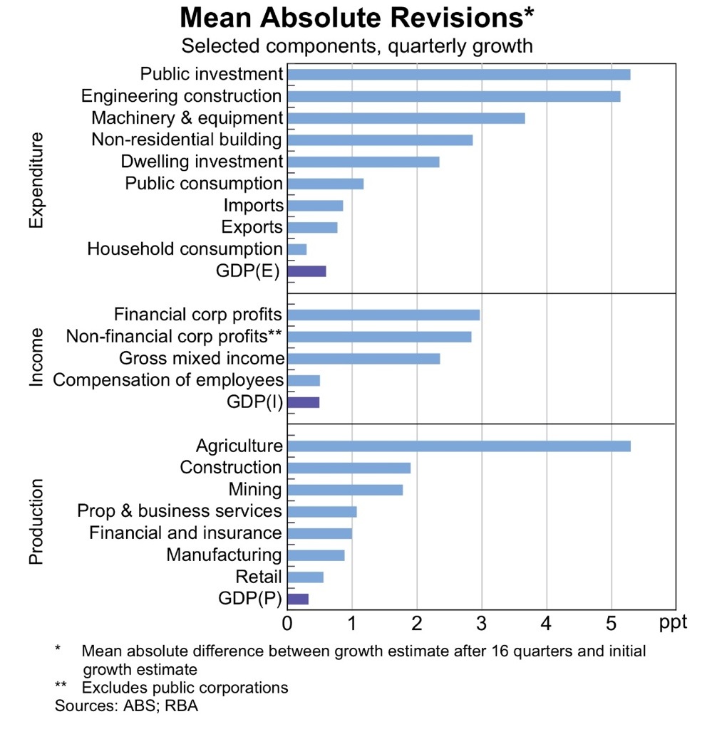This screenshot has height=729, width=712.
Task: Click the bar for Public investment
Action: (x=458, y=74)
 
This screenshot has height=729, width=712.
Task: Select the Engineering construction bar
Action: (x=453, y=96)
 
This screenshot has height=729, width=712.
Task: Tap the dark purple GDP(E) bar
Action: (x=306, y=271)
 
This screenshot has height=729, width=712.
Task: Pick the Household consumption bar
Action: (x=296, y=249)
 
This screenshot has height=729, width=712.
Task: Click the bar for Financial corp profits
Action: (x=383, y=315)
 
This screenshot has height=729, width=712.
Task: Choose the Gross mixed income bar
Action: (x=363, y=358)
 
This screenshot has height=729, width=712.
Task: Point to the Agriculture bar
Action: (x=458, y=446)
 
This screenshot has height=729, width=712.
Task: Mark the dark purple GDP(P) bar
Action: (x=298, y=599)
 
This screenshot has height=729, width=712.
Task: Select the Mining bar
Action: (x=345, y=490)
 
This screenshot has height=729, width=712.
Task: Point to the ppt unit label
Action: (x=674, y=623)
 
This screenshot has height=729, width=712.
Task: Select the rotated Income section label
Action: (x=36, y=357)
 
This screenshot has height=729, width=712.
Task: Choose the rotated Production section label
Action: (x=36, y=522)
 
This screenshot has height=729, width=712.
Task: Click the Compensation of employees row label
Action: (x=168, y=380)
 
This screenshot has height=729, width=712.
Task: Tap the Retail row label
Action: (x=259, y=577)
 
